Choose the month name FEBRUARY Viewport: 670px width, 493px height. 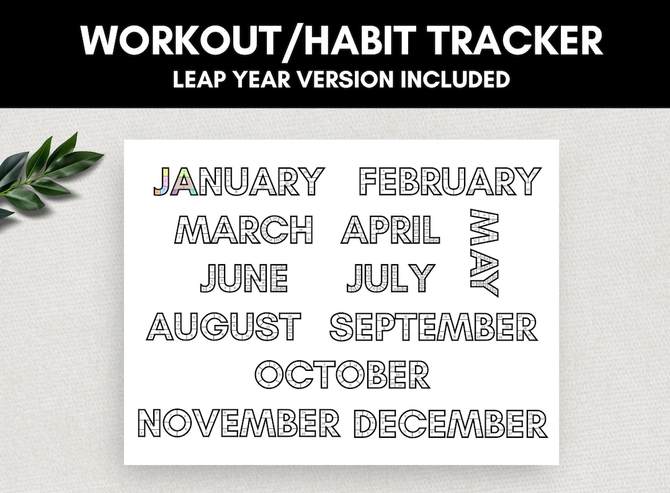click(450, 181)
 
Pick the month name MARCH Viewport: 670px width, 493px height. click(243, 229)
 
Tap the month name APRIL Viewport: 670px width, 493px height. click(391, 229)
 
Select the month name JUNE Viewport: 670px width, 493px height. click(244, 278)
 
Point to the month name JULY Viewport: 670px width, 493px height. click(391, 278)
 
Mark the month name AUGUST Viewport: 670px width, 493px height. click(224, 327)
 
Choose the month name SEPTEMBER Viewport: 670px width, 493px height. click(433, 327)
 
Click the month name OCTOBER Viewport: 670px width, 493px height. click(342, 375)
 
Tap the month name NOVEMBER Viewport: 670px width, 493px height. click(239, 423)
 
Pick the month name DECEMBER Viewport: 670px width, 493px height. click(450, 423)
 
